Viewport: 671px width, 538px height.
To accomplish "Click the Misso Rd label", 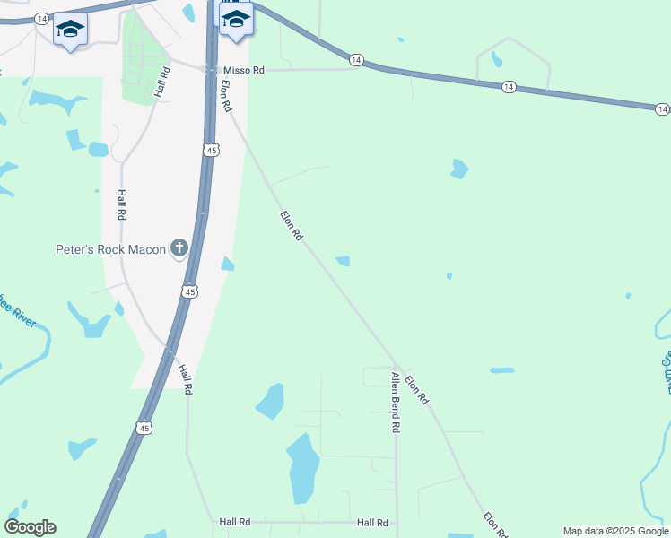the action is tap(244, 69).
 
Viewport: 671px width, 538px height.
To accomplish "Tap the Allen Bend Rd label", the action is tap(394, 403).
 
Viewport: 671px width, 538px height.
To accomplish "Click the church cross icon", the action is tap(179, 247).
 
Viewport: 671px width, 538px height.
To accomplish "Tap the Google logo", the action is tap(30, 527).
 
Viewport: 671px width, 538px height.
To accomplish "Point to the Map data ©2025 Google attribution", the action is tap(615, 531).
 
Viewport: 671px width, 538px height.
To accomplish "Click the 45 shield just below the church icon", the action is tap(189, 291).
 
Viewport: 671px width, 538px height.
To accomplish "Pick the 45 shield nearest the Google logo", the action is tap(144, 428).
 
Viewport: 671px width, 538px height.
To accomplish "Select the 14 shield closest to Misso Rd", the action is tap(356, 60).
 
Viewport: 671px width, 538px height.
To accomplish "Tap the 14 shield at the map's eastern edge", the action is tap(662, 108).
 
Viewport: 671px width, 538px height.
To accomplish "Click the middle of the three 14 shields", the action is tap(509, 86).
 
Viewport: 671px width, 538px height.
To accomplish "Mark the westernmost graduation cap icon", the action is tap(70, 30).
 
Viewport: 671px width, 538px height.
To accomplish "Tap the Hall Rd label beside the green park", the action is tap(162, 82).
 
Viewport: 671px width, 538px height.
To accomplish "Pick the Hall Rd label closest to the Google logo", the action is tap(233, 521).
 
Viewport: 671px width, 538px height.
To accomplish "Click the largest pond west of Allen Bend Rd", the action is tap(303, 468).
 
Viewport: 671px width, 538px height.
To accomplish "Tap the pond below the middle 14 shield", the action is tap(459, 169).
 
